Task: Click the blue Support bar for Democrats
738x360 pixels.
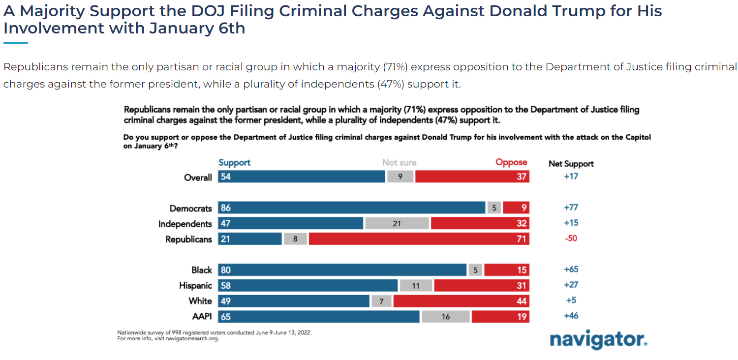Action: pyautogui.click(x=352, y=208)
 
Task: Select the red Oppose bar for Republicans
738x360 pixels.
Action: pyautogui.click(x=419, y=239)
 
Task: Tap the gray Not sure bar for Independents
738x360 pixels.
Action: pyautogui.click(x=397, y=224)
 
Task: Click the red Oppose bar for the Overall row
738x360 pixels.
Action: pyautogui.click(x=472, y=177)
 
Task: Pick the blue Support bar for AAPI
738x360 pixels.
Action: pyautogui.click(x=319, y=316)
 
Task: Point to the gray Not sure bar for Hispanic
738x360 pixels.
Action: pyautogui.click(x=416, y=285)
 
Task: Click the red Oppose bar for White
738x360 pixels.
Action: pyautogui.click(x=461, y=301)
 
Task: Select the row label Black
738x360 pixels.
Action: pyautogui.click(x=202, y=270)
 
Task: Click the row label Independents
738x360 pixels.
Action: pyautogui.click(x=185, y=224)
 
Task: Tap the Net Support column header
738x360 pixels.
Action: pyautogui.click(x=571, y=164)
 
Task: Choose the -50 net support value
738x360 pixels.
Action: pyautogui.click(x=571, y=239)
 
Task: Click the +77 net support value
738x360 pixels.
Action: pyautogui.click(x=571, y=208)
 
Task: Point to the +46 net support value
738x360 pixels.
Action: pyautogui.click(x=571, y=316)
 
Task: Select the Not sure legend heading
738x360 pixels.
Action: pyautogui.click(x=399, y=163)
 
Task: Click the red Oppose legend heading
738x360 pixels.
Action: pyautogui.click(x=511, y=162)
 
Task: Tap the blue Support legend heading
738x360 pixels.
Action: pyautogui.click(x=235, y=163)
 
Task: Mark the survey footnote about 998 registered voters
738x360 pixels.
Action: pyautogui.click(x=215, y=332)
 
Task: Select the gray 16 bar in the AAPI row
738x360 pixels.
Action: pyautogui.click(x=446, y=316)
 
